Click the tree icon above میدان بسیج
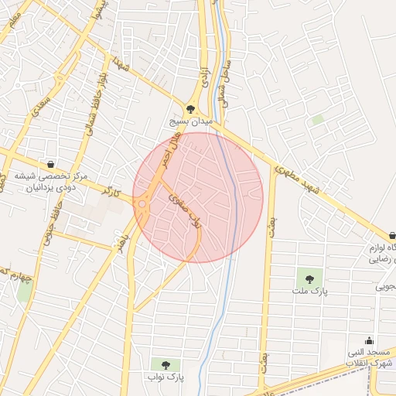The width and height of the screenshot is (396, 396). (x=191, y=110)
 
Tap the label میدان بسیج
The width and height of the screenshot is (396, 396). (x=192, y=122)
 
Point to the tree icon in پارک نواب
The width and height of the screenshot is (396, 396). (x=166, y=364)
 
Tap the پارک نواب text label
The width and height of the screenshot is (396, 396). (x=166, y=377)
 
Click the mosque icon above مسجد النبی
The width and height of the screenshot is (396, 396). (x=369, y=340)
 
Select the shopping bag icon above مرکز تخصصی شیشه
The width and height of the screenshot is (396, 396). (x=50, y=165)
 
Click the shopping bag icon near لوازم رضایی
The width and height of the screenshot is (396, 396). (x=391, y=236)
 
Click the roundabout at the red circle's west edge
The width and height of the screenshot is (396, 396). (x=143, y=205)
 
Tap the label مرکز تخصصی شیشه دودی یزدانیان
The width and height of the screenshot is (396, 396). (x=50, y=181)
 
